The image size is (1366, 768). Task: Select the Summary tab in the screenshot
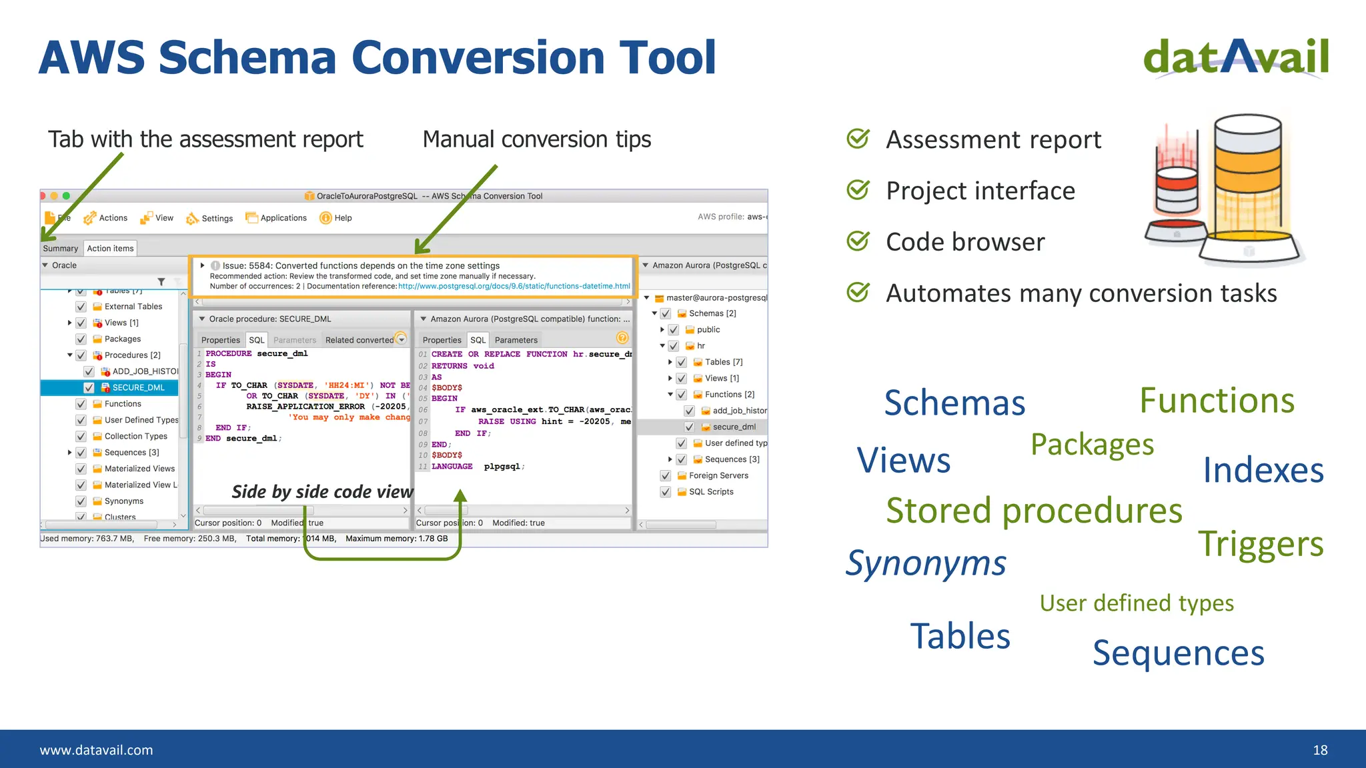[60, 248]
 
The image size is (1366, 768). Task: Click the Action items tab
[110, 248]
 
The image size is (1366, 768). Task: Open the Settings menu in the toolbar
[210, 218]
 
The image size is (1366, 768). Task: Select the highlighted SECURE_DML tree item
[138, 387]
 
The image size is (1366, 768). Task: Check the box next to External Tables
[81, 307]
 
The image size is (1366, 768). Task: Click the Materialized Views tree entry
[139, 469]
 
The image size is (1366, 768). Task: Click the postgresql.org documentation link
[514, 286]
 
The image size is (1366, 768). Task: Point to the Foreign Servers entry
[718, 475]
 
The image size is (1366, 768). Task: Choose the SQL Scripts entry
[711, 491]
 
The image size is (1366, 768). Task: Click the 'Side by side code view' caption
[322, 491]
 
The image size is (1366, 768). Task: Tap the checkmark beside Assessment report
[858, 139]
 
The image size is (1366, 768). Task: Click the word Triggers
[1261, 544]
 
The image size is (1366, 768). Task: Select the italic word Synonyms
[926, 563]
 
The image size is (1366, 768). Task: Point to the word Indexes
[1263, 471]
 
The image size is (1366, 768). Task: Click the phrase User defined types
[1137, 603]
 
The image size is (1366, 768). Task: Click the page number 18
[1320, 750]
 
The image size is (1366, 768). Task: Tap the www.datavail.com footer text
[96, 750]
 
